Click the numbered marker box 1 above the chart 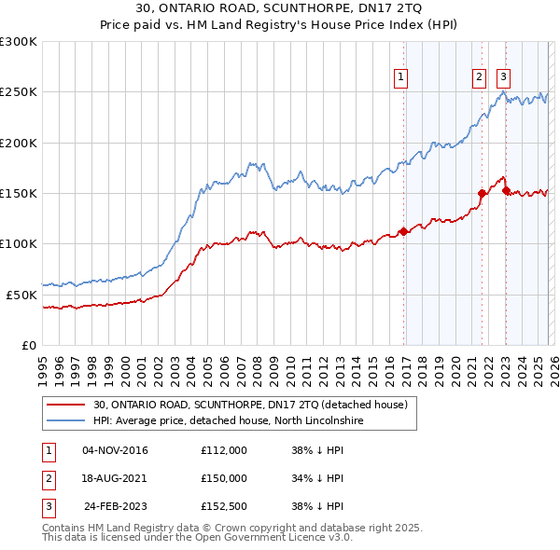[x=401, y=77]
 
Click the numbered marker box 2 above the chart [x=479, y=77]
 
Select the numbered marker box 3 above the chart [x=503, y=77]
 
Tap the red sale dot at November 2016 [x=403, y=231]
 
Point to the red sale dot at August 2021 [x=483, y=193]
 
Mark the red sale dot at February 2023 [x=506, y=191]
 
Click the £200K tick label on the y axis [x=19, y=143]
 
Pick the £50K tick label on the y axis [x=21, y=294]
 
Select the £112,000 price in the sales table [x=223, y=450]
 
